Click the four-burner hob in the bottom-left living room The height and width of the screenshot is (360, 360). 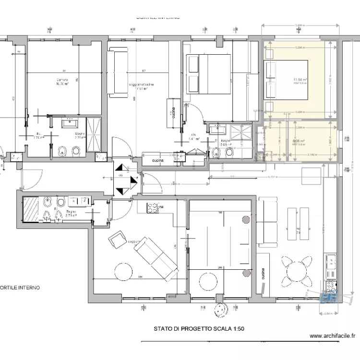(x=153, y=208)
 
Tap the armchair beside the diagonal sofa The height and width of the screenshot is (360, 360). (x=117, y=239)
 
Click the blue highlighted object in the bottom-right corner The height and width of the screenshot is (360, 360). (x=328, y=298)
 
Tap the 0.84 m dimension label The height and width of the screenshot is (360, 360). (x=328, y=313)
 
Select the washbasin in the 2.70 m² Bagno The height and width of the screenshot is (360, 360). (x=73, y=124)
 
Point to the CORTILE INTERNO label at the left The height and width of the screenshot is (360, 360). (x=19, y=288)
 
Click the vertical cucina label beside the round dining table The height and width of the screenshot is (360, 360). (x=264, y=274)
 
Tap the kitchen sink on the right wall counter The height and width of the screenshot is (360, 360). (x=331, y=262)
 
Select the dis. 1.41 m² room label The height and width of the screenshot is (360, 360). (x=193, y=137)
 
